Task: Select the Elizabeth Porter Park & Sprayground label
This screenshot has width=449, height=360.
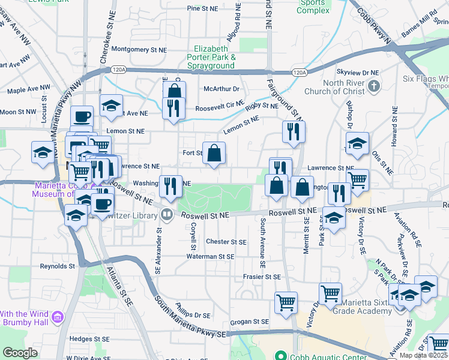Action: click(211, 56)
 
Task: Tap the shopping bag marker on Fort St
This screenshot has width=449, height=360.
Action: click(214, 154)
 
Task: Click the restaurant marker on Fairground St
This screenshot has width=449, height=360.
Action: click(294, 132)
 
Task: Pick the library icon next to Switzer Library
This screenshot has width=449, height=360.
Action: click(166, 214)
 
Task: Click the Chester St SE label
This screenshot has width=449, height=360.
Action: click(226, 242)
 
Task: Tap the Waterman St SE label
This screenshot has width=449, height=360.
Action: click(209, 256)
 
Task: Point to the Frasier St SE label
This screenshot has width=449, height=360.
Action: click(262, 277)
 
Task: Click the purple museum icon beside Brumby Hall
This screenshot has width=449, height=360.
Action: click(58, 316)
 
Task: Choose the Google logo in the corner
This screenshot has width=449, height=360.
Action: click(20, 353)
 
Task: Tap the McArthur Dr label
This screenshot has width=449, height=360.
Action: click(221, 89)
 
